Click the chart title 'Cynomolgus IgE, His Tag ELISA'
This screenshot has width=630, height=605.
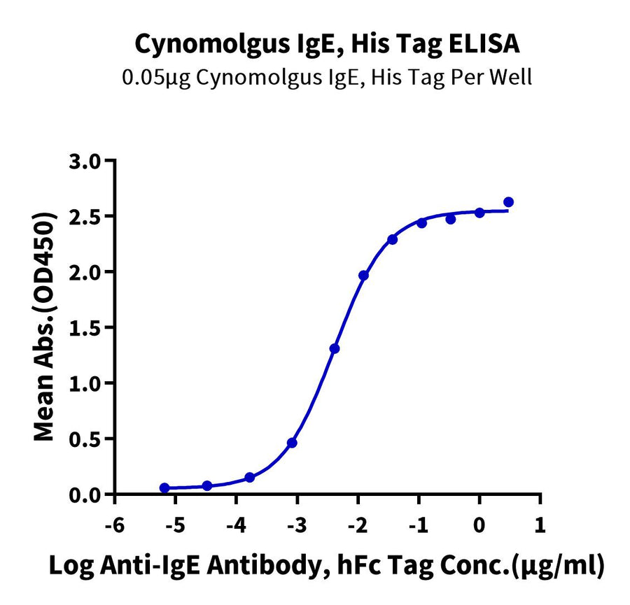[x=327, y=45]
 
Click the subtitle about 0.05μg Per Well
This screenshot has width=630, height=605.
[x=327, y=76]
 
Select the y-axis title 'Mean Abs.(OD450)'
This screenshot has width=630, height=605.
[x=45, y=327]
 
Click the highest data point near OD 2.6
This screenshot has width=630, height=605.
[x=509, y=202]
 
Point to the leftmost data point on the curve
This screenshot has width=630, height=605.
[x=164, y=488]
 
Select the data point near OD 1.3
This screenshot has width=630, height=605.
[x=335, y=348]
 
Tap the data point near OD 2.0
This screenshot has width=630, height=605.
[x=363, y=276]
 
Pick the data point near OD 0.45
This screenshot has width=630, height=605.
[x=292, y=443]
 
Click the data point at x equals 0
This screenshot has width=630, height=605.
[x=479, y=213]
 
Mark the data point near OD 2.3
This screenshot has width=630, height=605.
[x=393, y=239]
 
